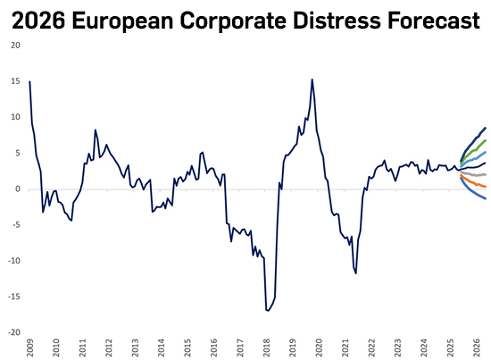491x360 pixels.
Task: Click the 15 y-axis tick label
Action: (16, 81)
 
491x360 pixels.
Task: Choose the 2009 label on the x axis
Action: (29, 347)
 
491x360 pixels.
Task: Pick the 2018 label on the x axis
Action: (267, 347)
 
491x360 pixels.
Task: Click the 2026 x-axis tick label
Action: (478, 347)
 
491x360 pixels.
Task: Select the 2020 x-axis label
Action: (320, 347)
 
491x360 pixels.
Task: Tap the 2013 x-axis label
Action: (135, 347)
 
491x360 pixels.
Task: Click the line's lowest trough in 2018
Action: (267, 310)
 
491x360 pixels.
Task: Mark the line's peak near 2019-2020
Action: (312, 80)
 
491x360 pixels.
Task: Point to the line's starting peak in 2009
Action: (29, 81)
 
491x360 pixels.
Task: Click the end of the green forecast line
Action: (485, 140)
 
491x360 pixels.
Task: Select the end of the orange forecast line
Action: (485, 187)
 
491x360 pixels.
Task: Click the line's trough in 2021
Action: (356, 272)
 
